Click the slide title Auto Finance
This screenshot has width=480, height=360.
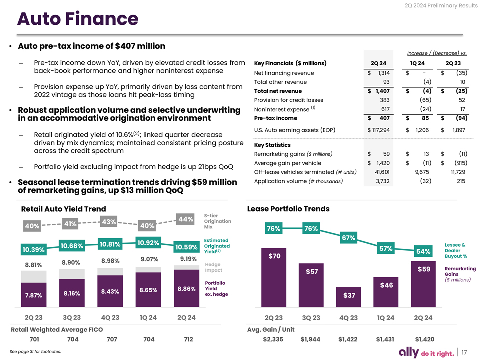[78, 18]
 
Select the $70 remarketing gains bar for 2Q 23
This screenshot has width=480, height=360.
[274, 277]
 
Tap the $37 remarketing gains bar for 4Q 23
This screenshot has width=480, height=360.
[348, 297]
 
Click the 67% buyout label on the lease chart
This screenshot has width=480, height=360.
[348, 238]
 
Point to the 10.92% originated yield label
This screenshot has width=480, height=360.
[148, 243]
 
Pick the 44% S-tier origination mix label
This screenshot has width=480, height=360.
[186, 219]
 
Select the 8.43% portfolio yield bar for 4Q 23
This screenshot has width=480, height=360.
[110, 291]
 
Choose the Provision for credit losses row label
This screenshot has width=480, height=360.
[288, 100]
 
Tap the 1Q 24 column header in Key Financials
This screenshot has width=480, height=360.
[417, 63]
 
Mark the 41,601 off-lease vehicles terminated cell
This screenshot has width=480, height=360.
[382, 172]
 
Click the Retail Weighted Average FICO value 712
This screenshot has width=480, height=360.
[189, 339]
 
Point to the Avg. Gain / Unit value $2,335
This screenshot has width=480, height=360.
[273, 339]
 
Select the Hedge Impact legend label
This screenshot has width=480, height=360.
[213, 267]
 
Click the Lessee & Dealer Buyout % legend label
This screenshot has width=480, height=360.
[456, 250]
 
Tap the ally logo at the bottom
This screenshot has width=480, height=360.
[409, 352]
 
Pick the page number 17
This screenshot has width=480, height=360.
[464, 352]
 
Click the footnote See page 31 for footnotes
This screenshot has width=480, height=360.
[35, 351]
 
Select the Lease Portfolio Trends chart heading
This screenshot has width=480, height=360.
[288, 209]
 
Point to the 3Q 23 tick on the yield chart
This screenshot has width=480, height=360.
[72, 318]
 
